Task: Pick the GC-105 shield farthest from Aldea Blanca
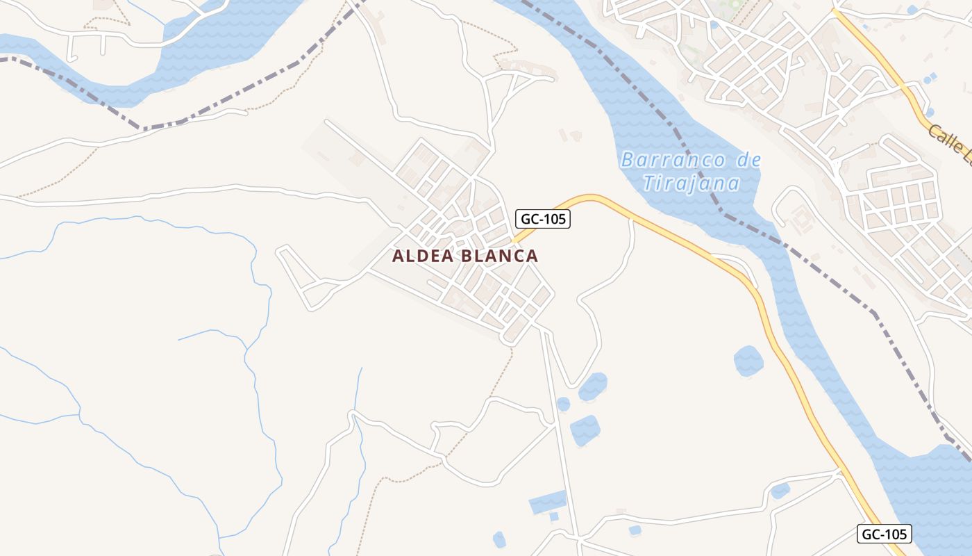(x=885, y=534)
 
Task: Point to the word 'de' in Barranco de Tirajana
(x=748, y=161)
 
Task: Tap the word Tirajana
(x=691, y=183)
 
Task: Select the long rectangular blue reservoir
(x=548, y=501)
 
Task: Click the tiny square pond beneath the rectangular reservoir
(x=554, y=516)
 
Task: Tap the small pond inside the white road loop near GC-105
(x=780, y=491)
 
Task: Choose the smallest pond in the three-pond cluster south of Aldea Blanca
(x=563, y=404)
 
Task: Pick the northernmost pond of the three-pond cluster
(x=593, y=386)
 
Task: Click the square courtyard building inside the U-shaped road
(x=802, y=221)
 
